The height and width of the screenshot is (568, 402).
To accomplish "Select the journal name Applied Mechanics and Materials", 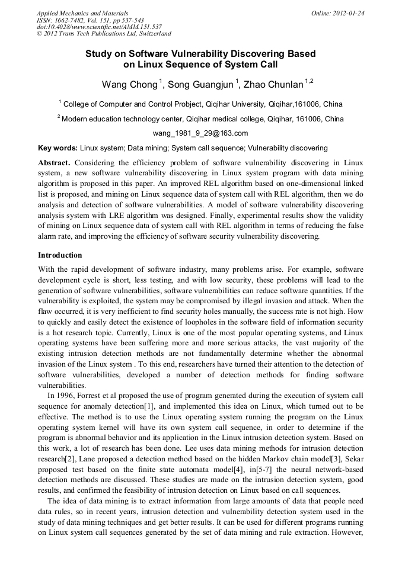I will click(x=82, y=13).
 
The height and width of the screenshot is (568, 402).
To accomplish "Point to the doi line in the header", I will click(x=99, y=27).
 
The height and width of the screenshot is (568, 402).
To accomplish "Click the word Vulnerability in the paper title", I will click(x=184, y=54).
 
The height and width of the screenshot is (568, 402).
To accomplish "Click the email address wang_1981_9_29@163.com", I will click(x=200, y=133).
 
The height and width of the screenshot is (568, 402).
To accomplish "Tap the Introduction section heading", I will click(x=60, y=256).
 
